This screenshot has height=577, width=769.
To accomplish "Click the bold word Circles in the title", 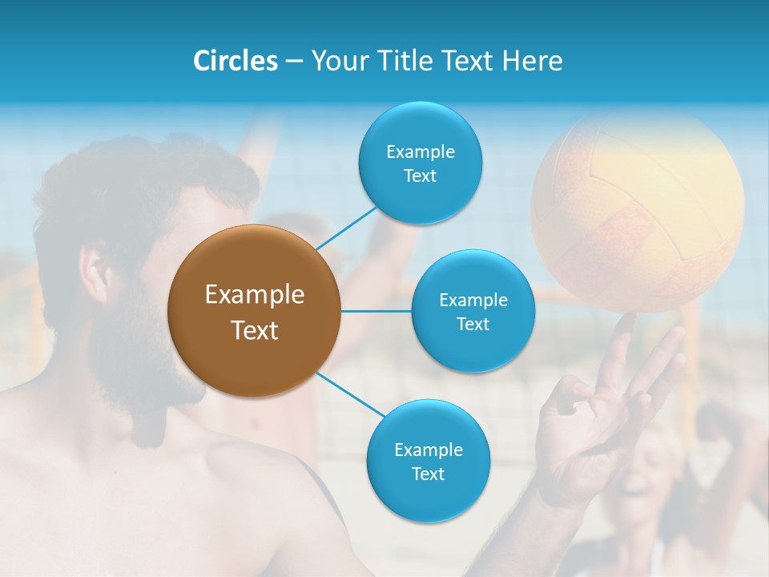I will coord(235,61).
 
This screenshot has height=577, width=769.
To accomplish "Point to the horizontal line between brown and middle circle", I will coord(376,311).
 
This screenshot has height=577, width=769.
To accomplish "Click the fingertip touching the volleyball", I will coord(627,321).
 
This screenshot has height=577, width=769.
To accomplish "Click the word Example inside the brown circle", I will coord(254,295).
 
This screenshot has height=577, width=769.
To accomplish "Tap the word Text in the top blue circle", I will coord(420,176).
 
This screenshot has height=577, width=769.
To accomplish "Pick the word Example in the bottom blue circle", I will coord(428,450).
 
